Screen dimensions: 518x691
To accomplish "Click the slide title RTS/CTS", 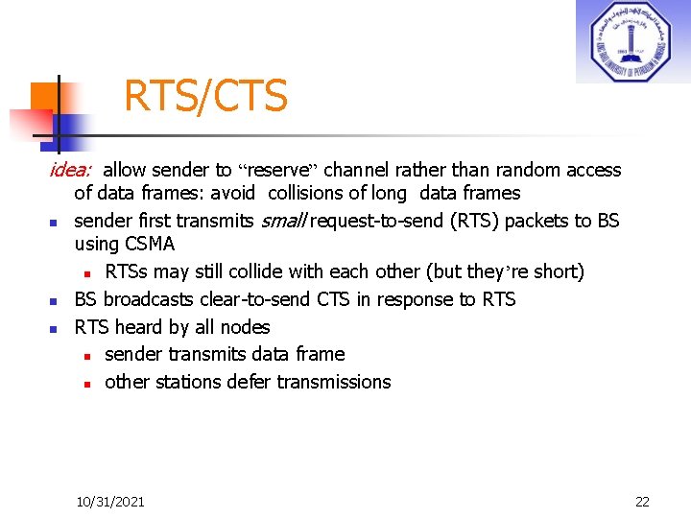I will [205, 96].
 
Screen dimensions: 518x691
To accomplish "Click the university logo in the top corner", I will [632, 41].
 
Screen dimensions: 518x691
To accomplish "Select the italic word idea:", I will [71, 170].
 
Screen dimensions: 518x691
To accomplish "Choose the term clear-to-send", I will [269, 299].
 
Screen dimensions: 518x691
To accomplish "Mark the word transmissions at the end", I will [335, 382].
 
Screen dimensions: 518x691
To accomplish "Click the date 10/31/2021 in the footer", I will [110, 502].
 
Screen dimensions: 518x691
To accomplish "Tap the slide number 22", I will [642, 502].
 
